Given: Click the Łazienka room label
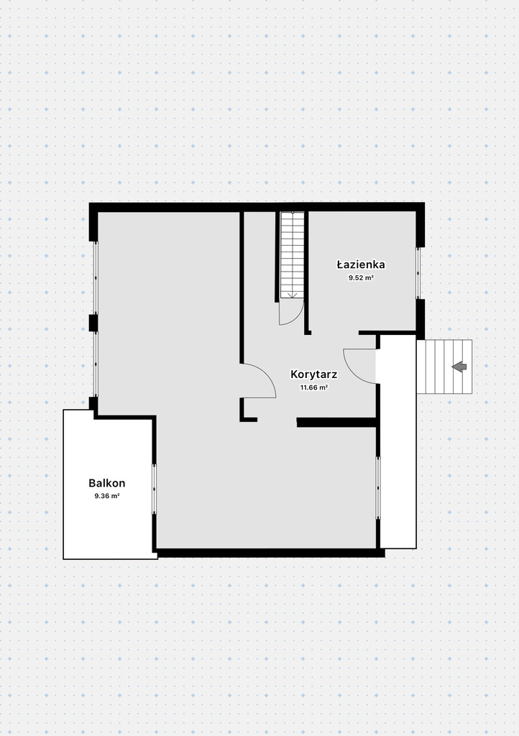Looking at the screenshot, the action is tap(361, 264).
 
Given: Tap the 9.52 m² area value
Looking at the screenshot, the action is tap(361, 278).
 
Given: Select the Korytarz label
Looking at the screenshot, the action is tap(314, 374).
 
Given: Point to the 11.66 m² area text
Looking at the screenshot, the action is tap(314, 387).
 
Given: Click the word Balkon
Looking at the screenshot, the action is tap(107, 483).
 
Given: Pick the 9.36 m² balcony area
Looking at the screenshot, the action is tap(107, 496).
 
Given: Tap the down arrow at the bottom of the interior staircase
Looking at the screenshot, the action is tap(293, 294).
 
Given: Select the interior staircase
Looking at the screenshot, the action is tap(293, 255).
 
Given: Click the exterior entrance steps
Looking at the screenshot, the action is tap(444, 367).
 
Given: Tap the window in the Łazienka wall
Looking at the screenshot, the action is tap(418, 272).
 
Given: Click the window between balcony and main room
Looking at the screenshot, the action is tap(154, 489).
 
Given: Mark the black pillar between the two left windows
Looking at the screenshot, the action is tap(93, 323).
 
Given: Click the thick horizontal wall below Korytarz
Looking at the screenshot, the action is tap(337, 423).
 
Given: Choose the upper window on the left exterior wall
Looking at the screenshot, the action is tap(96, 278).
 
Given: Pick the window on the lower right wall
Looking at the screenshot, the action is tap(378, 488).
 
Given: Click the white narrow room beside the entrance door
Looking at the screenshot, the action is tap(398, 441).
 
